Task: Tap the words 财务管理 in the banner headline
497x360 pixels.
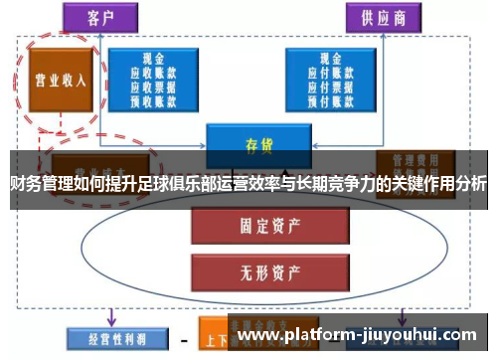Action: coord(35,183)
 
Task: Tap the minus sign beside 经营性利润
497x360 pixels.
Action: coord(185,338)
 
